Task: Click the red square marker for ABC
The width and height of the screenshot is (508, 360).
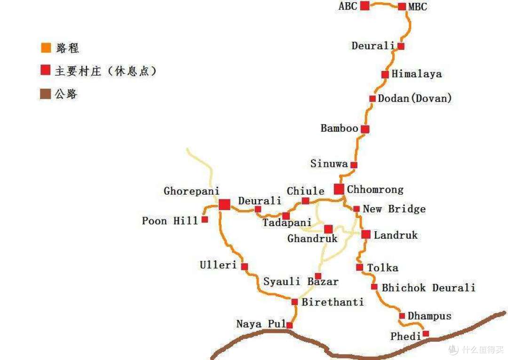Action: [x=365, y=6]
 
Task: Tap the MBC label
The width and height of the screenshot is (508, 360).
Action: [x=418, y=7]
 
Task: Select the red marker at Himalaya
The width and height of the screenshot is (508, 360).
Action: [x=385, y=74]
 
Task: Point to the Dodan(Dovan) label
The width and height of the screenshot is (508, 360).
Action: [x=414, y=98]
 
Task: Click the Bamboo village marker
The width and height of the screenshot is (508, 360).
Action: [x=365, y=129]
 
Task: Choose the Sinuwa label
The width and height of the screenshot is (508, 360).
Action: [x=329, y=164]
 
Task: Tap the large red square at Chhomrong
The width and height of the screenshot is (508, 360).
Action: [x=339, y=189]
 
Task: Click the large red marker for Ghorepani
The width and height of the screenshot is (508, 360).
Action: [x=224, y=204]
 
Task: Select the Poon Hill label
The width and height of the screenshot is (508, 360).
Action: [x=170, y=220]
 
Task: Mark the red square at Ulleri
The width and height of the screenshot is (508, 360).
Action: [x=244, y=266]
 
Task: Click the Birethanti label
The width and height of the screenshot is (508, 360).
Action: [x=333, y=302]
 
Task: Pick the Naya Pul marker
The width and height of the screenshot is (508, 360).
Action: [x=289, y=325]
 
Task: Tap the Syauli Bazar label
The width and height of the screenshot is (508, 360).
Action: [x=301, y=282]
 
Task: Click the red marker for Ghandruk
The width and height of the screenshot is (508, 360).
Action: [x=328, y=229]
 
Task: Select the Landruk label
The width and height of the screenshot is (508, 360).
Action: [x=396, y=235]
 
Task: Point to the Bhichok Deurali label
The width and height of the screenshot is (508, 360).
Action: [x=428, y=288]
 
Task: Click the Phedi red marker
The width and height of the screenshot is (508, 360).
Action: [x=426, y=334]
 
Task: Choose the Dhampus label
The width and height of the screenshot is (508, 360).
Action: [x=429, y=316]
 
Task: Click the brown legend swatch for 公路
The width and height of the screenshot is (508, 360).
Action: [x=46, y=94]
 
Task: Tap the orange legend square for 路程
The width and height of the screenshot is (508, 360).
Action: [x=46, y=48]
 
